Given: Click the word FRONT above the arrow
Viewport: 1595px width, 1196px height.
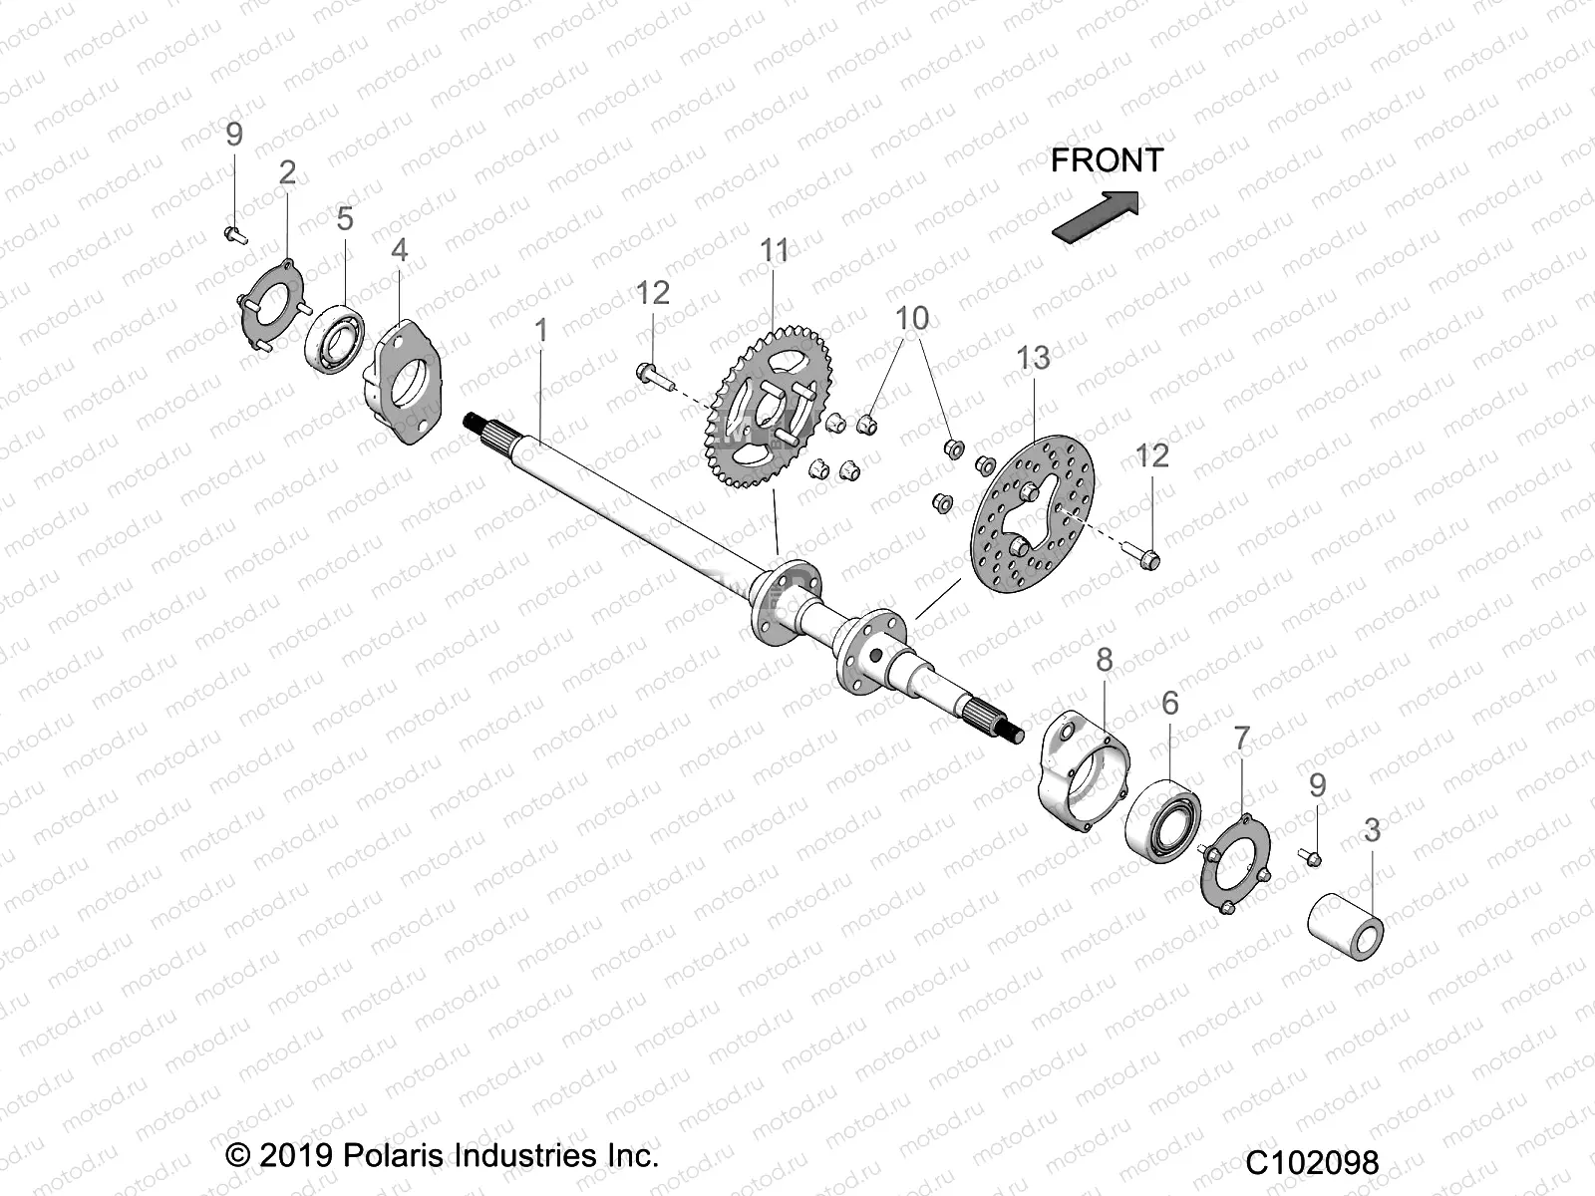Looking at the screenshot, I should coord(1106,160).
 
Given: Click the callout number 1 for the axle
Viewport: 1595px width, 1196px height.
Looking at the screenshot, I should coord(541,331).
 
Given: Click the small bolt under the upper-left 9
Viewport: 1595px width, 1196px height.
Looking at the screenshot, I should coord(234,234).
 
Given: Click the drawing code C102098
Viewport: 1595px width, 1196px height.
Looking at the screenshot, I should coord(1312,1162).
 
